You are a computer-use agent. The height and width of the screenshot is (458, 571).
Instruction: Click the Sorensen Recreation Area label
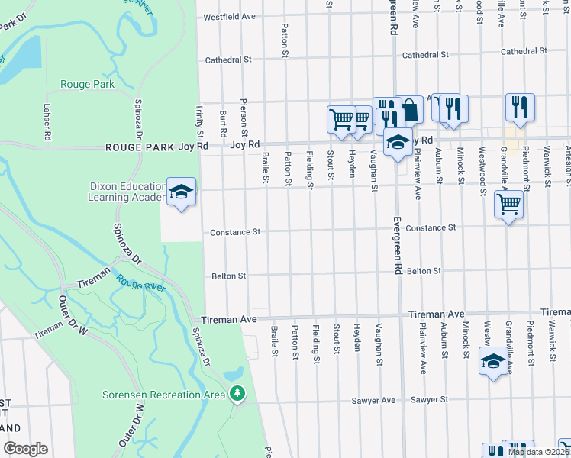click(x=164, y=395)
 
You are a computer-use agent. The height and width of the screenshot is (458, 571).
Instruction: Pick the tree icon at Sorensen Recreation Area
click(x=238, y=394)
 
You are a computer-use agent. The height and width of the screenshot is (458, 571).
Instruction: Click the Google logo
click(x=25, y=449)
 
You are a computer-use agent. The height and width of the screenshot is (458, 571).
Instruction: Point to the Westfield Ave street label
click(x=227, y=16)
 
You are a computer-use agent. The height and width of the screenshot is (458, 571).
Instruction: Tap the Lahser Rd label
click(x=47, y=121)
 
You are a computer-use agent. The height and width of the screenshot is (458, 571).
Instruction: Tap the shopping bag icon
click(x=410, y=109)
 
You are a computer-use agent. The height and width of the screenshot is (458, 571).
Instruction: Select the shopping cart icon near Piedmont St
click(x=508, y=204)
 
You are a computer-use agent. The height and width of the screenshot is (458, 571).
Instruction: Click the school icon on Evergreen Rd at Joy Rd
click(x=397, y=143)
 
